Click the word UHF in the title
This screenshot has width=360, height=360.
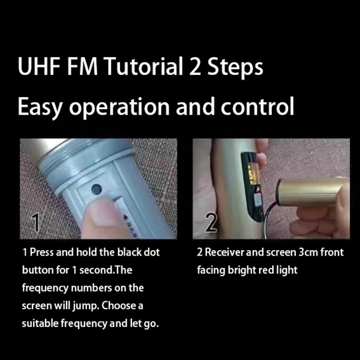tap(39, 66)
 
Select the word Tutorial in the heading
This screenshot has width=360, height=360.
tap(144, 66)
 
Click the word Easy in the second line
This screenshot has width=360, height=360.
tap(40, 107)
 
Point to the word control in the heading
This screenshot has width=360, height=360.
tap(257, 106)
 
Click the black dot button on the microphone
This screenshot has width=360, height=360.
tap(96, 189)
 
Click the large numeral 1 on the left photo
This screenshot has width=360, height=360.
tap(35, 222)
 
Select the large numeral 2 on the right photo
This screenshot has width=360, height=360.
tap(211, 222)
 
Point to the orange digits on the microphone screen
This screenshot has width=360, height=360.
tap(253, 174)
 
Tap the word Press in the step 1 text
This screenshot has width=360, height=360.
tap(42, 252)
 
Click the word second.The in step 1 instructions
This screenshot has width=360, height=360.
tap(106, 270)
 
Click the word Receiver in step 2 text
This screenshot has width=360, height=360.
tap(224, 252)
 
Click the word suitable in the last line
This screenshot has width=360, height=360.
tap(40, 323)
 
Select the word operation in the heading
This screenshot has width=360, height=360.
tap(119, 107)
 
